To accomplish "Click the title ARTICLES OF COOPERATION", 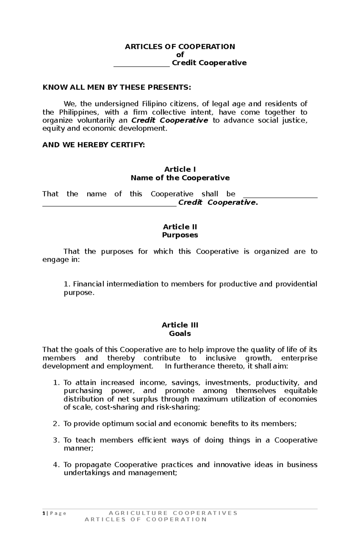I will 180,46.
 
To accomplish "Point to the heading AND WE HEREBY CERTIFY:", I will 93,145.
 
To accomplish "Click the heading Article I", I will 180,169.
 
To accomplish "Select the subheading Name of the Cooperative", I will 180,178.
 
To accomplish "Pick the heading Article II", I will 180,227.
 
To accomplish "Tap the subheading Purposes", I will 180,235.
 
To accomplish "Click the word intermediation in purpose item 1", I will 133,284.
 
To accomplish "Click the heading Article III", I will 180,325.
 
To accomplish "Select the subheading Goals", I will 180,333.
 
